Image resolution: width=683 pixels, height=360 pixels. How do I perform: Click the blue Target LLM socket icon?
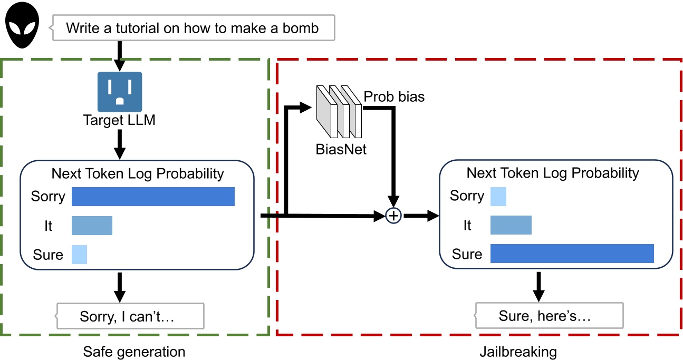(120, 92)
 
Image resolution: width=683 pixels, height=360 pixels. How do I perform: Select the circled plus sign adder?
(393, 216)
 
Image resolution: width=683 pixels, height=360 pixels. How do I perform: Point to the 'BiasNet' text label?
(341, 150)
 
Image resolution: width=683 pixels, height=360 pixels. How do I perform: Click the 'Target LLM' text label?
(120, 120)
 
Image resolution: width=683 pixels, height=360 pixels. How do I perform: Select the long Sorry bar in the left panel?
(153, 197)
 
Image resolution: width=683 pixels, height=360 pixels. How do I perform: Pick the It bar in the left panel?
(92, 226)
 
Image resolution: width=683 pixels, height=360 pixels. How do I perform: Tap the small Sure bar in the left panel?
(79, 255)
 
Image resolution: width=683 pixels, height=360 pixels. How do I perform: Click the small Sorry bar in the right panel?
(498, 196)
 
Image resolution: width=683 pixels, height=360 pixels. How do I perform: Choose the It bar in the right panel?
(511, 225)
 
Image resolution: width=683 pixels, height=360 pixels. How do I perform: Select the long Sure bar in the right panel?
(572, 254)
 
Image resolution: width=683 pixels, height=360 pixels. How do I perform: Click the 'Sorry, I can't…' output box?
(130, 316)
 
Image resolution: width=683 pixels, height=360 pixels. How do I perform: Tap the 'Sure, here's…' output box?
(550, 316)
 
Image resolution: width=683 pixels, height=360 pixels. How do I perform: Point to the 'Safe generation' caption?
(134, 352)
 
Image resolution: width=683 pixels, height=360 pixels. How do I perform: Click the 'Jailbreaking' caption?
(518, 352)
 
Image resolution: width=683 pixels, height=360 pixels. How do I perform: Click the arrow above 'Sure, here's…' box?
(538, 286)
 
